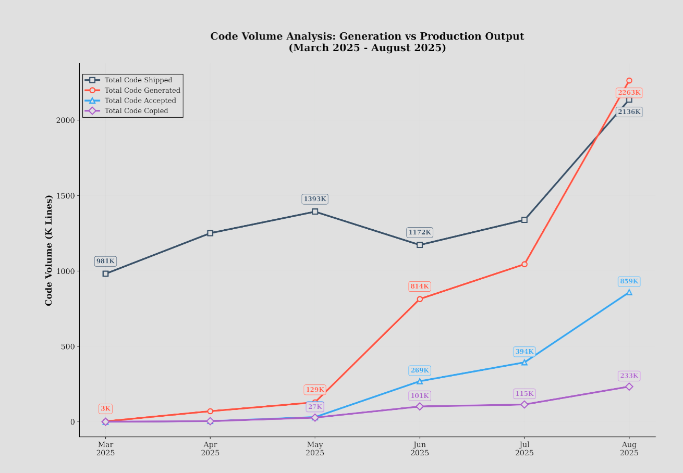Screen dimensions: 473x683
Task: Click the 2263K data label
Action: click(629, 93)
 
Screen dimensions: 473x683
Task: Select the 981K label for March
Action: click(105, 261)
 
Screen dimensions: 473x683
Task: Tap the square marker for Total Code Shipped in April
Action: click(210, 233)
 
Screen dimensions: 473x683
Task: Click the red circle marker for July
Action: click(525, 264)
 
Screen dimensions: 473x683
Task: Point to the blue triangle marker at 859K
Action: click(629, 292)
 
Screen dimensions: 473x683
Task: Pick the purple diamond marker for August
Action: click(629, 387)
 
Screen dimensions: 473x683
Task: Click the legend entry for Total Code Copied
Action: click(136, 111)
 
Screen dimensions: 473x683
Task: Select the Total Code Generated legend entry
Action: click(142, 91)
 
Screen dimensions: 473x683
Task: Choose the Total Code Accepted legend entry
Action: click(140, 101)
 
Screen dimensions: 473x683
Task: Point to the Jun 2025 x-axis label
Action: click(420, 449)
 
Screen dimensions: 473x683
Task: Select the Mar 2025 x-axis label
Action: click(105, 449)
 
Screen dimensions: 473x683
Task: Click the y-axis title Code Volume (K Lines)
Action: click(49, 250)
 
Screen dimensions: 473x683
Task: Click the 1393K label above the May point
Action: click(315, 199)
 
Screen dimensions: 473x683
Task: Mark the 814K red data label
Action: click(419, 286)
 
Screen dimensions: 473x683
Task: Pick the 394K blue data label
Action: click(525, 352)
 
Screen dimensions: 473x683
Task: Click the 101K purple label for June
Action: click(419, 396)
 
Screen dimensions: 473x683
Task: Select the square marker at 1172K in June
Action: click(420, 245)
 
